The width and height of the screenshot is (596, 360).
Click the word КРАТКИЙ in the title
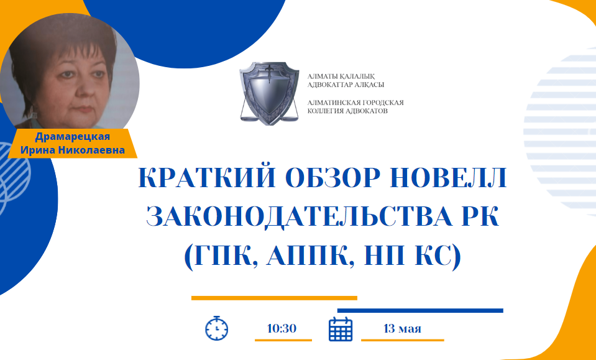click(x=207, y=178)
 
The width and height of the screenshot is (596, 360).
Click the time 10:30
click(x=282, y=328)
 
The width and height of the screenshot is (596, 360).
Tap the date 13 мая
click(x=403, y=328)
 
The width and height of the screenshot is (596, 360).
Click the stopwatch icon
click(x=217, y=328)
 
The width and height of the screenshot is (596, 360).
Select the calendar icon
click(x=341, y=329)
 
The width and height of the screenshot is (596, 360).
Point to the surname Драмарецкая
click(x=72, y=137)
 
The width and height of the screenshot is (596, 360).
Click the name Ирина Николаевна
click(x=73, y=150)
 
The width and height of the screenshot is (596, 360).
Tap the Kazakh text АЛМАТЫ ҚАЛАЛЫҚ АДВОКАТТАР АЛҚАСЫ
click(x=346, y=81)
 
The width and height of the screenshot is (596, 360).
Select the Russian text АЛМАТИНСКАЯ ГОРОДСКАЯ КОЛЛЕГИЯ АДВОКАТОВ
click(x=355, y=107)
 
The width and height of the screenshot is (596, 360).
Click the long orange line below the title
click(x=274, y=298)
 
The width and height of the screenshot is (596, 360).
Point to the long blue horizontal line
click(x=420, y=311)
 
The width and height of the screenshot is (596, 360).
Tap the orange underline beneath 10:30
click(x=283, y=340)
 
